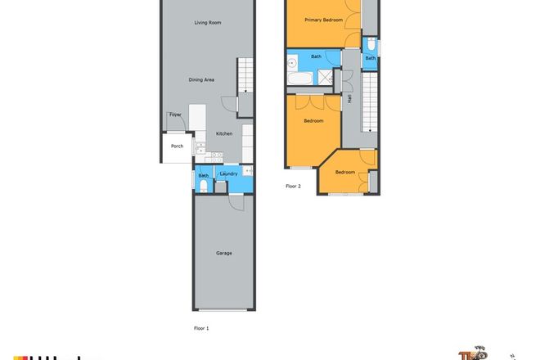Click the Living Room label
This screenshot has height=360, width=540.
(208, 23)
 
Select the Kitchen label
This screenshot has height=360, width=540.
(224, 133)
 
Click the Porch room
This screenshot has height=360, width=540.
(176, 146)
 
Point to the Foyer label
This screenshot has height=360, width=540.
(175, 115)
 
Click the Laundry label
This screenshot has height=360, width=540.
(228, 173)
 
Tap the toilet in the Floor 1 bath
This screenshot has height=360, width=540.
(202, 187)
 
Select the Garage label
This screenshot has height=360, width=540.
(223, 253)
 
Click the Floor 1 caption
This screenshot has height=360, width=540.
(201, 327)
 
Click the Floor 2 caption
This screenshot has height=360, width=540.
(293, 187)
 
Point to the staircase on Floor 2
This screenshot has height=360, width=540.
(371, 101)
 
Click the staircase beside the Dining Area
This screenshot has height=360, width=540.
(245, 77)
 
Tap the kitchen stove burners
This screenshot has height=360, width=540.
(217, 155)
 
